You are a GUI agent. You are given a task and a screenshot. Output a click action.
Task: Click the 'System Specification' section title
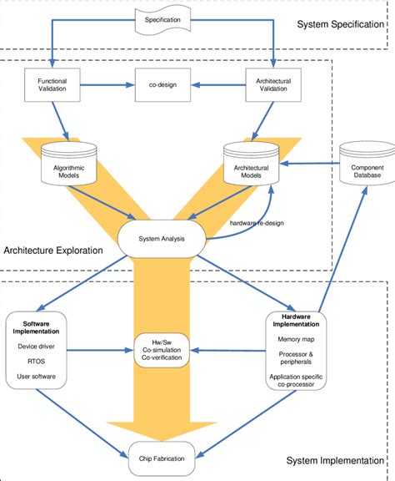click(340, 24)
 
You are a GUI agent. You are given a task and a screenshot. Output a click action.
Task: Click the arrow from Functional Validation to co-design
click(107, 84)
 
